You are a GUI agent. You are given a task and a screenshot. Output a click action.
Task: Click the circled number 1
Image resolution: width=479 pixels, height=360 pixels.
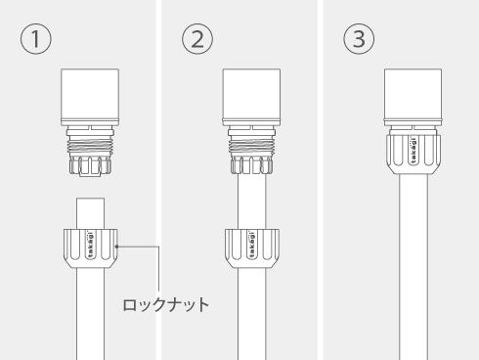(x=36, y=39)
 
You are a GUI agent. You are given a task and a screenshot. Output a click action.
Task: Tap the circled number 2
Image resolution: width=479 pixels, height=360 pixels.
(x=197, y=39)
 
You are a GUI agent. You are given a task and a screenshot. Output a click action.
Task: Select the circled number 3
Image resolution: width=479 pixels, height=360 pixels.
(x=359, y=39)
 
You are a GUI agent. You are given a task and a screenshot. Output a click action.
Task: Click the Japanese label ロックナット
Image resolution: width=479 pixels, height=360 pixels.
(x=166, y=305)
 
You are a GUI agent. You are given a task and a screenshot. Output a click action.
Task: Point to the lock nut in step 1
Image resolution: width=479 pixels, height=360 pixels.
(x=91, y=248)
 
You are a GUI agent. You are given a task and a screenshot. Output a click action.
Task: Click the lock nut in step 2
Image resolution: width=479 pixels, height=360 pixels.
(x=251, y=248)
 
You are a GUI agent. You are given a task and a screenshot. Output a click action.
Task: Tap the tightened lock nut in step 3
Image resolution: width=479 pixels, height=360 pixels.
(x=414, y=154)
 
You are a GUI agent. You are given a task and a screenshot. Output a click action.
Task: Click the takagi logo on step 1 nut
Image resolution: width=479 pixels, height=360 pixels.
(x=91, y=246)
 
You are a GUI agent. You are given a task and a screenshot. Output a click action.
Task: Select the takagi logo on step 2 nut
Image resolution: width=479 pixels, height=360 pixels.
(x=251, y=246)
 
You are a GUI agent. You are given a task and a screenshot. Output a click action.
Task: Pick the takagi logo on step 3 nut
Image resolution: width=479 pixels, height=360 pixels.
(x=414, y=151)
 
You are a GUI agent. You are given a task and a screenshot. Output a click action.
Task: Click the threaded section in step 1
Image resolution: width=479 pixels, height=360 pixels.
(x=90, y=146)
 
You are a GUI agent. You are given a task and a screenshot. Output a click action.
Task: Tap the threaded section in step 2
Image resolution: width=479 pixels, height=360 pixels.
(x=251, y=146)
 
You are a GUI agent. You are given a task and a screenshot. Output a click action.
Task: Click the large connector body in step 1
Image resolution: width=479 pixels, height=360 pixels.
(x=90, y=97)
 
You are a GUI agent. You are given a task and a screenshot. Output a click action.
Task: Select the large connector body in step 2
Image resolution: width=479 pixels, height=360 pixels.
(x=251, y=97)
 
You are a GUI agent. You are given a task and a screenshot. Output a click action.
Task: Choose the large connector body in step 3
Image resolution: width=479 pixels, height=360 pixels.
(x=414, y=97)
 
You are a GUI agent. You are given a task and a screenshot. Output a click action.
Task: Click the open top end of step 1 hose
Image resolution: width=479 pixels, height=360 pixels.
(x=91, y=199)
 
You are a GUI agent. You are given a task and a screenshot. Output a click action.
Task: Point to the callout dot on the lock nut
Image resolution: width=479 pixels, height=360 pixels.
(x=117, y=247)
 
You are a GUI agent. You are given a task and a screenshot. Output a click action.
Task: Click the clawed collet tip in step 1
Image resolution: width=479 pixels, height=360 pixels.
(x=90, y=166)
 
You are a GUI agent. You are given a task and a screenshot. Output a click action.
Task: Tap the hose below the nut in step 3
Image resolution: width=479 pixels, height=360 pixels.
(x=414, y=267)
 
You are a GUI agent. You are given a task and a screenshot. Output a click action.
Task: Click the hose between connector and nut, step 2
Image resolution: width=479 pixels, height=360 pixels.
(x=251, y=202)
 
